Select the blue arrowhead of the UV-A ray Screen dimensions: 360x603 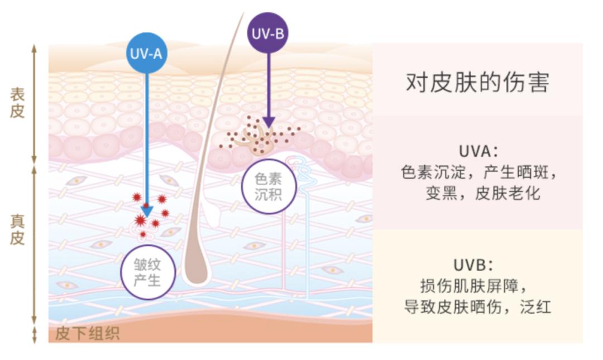[x=146, y=210]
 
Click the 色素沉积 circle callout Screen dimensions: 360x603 [x=268, y=186]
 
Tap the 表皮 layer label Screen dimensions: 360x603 [x=17, y=102]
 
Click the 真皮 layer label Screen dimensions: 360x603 [x=17, y=229]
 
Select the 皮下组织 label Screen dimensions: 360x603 [x=87, y=333]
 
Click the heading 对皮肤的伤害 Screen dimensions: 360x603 [x=477, y=83]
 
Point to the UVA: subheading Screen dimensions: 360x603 [x=477, y=151]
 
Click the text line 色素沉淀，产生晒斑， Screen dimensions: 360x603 [x=478, y=172]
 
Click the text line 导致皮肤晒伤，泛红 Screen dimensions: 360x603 [x=477, y=306]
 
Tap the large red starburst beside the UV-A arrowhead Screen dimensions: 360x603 [x=140, y=220]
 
